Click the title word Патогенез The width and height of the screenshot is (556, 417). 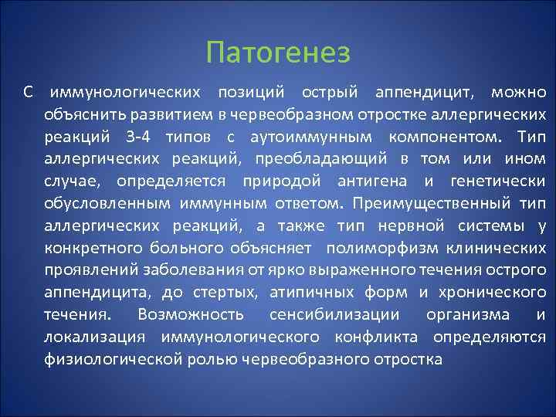(x=278, y=53)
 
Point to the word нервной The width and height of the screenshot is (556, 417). (x=402, y=226)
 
